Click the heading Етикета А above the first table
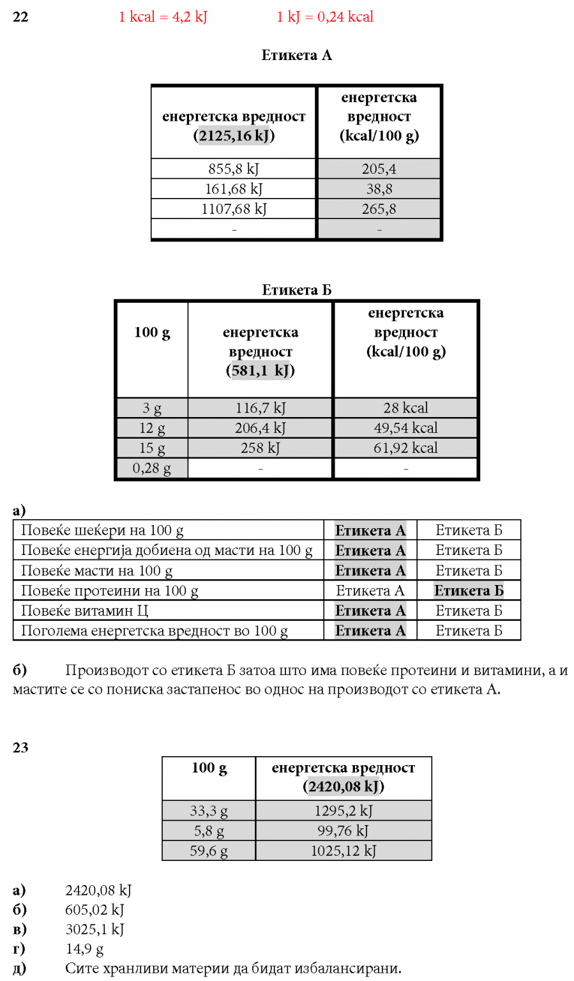[x=296, y=56]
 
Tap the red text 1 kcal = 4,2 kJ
[x=163, y=17]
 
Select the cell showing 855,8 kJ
[x=234, y=169]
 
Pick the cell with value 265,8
[x=379, y=209]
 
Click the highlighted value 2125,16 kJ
[x=234, y=136]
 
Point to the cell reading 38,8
[x=379, y=189]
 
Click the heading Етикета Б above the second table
[x=296, y=291]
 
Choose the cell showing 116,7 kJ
[x=260, y=408]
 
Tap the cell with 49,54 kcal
[x=405, y=428]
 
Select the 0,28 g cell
[x=152, y=468]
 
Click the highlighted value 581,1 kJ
[x=260, y=370]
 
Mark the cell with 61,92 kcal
[x=405, y=448]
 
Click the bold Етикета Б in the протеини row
[x=469, y=591]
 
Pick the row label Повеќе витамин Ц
[x=84, y=611]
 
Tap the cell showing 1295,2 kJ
[x=344, y=811]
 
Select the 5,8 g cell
[x=209, y=831]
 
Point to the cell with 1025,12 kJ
[x=344, y=851]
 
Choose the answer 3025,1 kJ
[x=94, y=929]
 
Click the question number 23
[x=20, y=748]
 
